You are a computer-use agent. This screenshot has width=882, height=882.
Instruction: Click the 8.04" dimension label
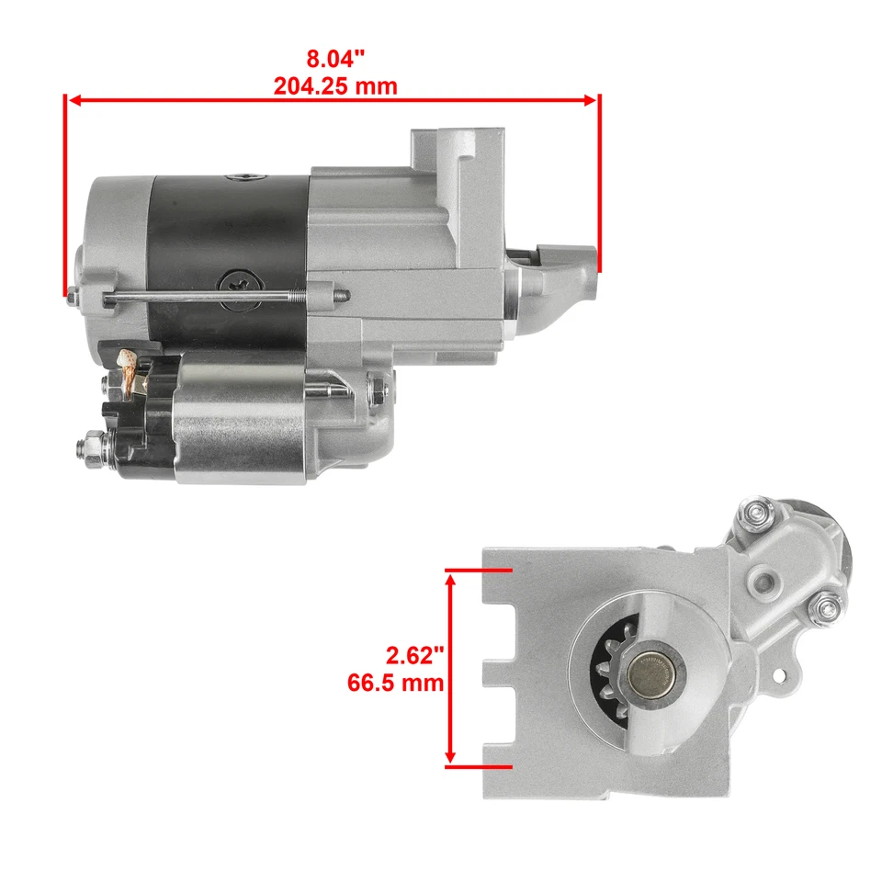(335, 60)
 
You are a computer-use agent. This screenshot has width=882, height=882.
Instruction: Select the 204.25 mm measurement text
(335, 86)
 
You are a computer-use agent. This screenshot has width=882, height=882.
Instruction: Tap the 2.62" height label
(415, 656)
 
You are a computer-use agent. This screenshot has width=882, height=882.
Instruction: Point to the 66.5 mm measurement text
(396, 684)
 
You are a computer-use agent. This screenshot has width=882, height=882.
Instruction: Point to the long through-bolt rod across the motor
(211, 297)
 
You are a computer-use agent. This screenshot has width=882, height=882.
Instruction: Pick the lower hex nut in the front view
(830, 606)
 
